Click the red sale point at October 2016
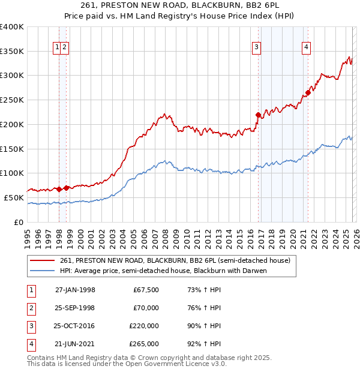(258, 115)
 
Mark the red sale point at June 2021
(307, 92)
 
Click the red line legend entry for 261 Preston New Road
(175, 260)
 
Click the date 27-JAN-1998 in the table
(75, 290)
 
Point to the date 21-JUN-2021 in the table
(75, 344)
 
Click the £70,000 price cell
(146, 308)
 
